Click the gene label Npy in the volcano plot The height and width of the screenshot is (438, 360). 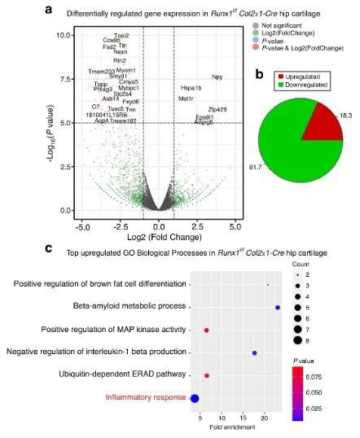pos(217,77)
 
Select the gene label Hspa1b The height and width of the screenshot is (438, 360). pos(191,88)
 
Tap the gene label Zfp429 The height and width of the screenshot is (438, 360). pos(217,109)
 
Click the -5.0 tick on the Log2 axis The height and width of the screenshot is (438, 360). pos(82,222)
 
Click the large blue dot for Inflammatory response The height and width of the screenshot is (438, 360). pos(195,398)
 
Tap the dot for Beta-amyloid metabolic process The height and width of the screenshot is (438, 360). pos(278,307)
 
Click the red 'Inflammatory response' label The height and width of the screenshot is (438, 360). pos(143,398)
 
